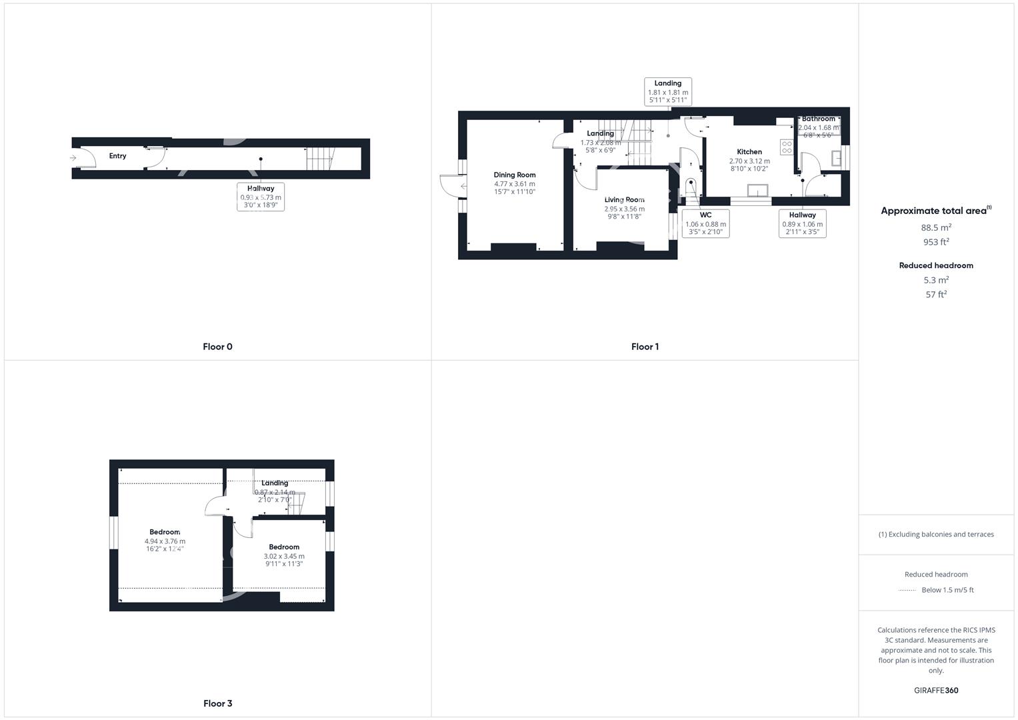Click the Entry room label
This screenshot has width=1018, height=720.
coord(117,156)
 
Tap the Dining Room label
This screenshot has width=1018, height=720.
coord(514,175)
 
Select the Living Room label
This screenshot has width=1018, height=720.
coord(624,200)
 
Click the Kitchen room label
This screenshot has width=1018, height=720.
coord(749,152)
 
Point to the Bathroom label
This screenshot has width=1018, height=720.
coord(818,119)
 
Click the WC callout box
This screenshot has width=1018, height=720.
coord(705,223)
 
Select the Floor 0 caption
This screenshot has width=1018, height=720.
coord(217,347)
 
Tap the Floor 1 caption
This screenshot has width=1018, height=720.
coord(645,347)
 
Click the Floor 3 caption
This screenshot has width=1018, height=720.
coord(217,703)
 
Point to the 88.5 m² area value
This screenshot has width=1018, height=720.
coord(936,227)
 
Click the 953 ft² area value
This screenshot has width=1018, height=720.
coord(936,242)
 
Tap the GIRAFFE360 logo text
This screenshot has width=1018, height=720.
coord(936,691)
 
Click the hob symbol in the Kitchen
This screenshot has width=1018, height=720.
coord(787,147)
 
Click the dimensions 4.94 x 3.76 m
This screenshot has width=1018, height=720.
coord(164,541)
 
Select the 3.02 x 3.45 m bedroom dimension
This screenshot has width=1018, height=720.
coord(284,556)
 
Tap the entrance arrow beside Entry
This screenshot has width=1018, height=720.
coord(73,158)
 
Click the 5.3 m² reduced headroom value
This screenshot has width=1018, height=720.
coord(936,280)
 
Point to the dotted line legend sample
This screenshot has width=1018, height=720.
coord(907,590)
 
